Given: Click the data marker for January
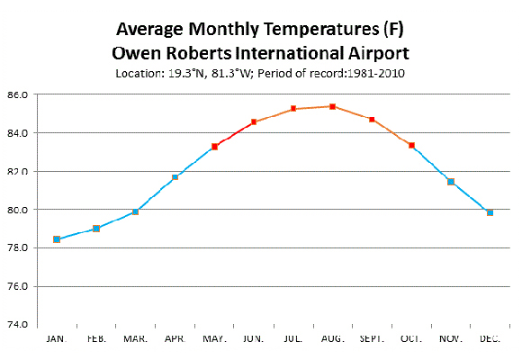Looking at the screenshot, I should coord(57,239).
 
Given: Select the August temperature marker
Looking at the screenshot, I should coord(333,106).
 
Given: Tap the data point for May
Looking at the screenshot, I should coord(214,146).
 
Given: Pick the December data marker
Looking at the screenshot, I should coord(490,212).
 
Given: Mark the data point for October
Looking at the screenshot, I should coord(411,145).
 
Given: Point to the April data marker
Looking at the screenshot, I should coord(175,176).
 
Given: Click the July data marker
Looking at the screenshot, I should coord(293,109).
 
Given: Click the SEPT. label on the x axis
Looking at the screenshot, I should coord(372,338).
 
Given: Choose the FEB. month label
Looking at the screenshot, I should coord(95,338).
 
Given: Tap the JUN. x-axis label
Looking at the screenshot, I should coord(254,338).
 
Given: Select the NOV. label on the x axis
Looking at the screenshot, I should coord(451,338).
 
